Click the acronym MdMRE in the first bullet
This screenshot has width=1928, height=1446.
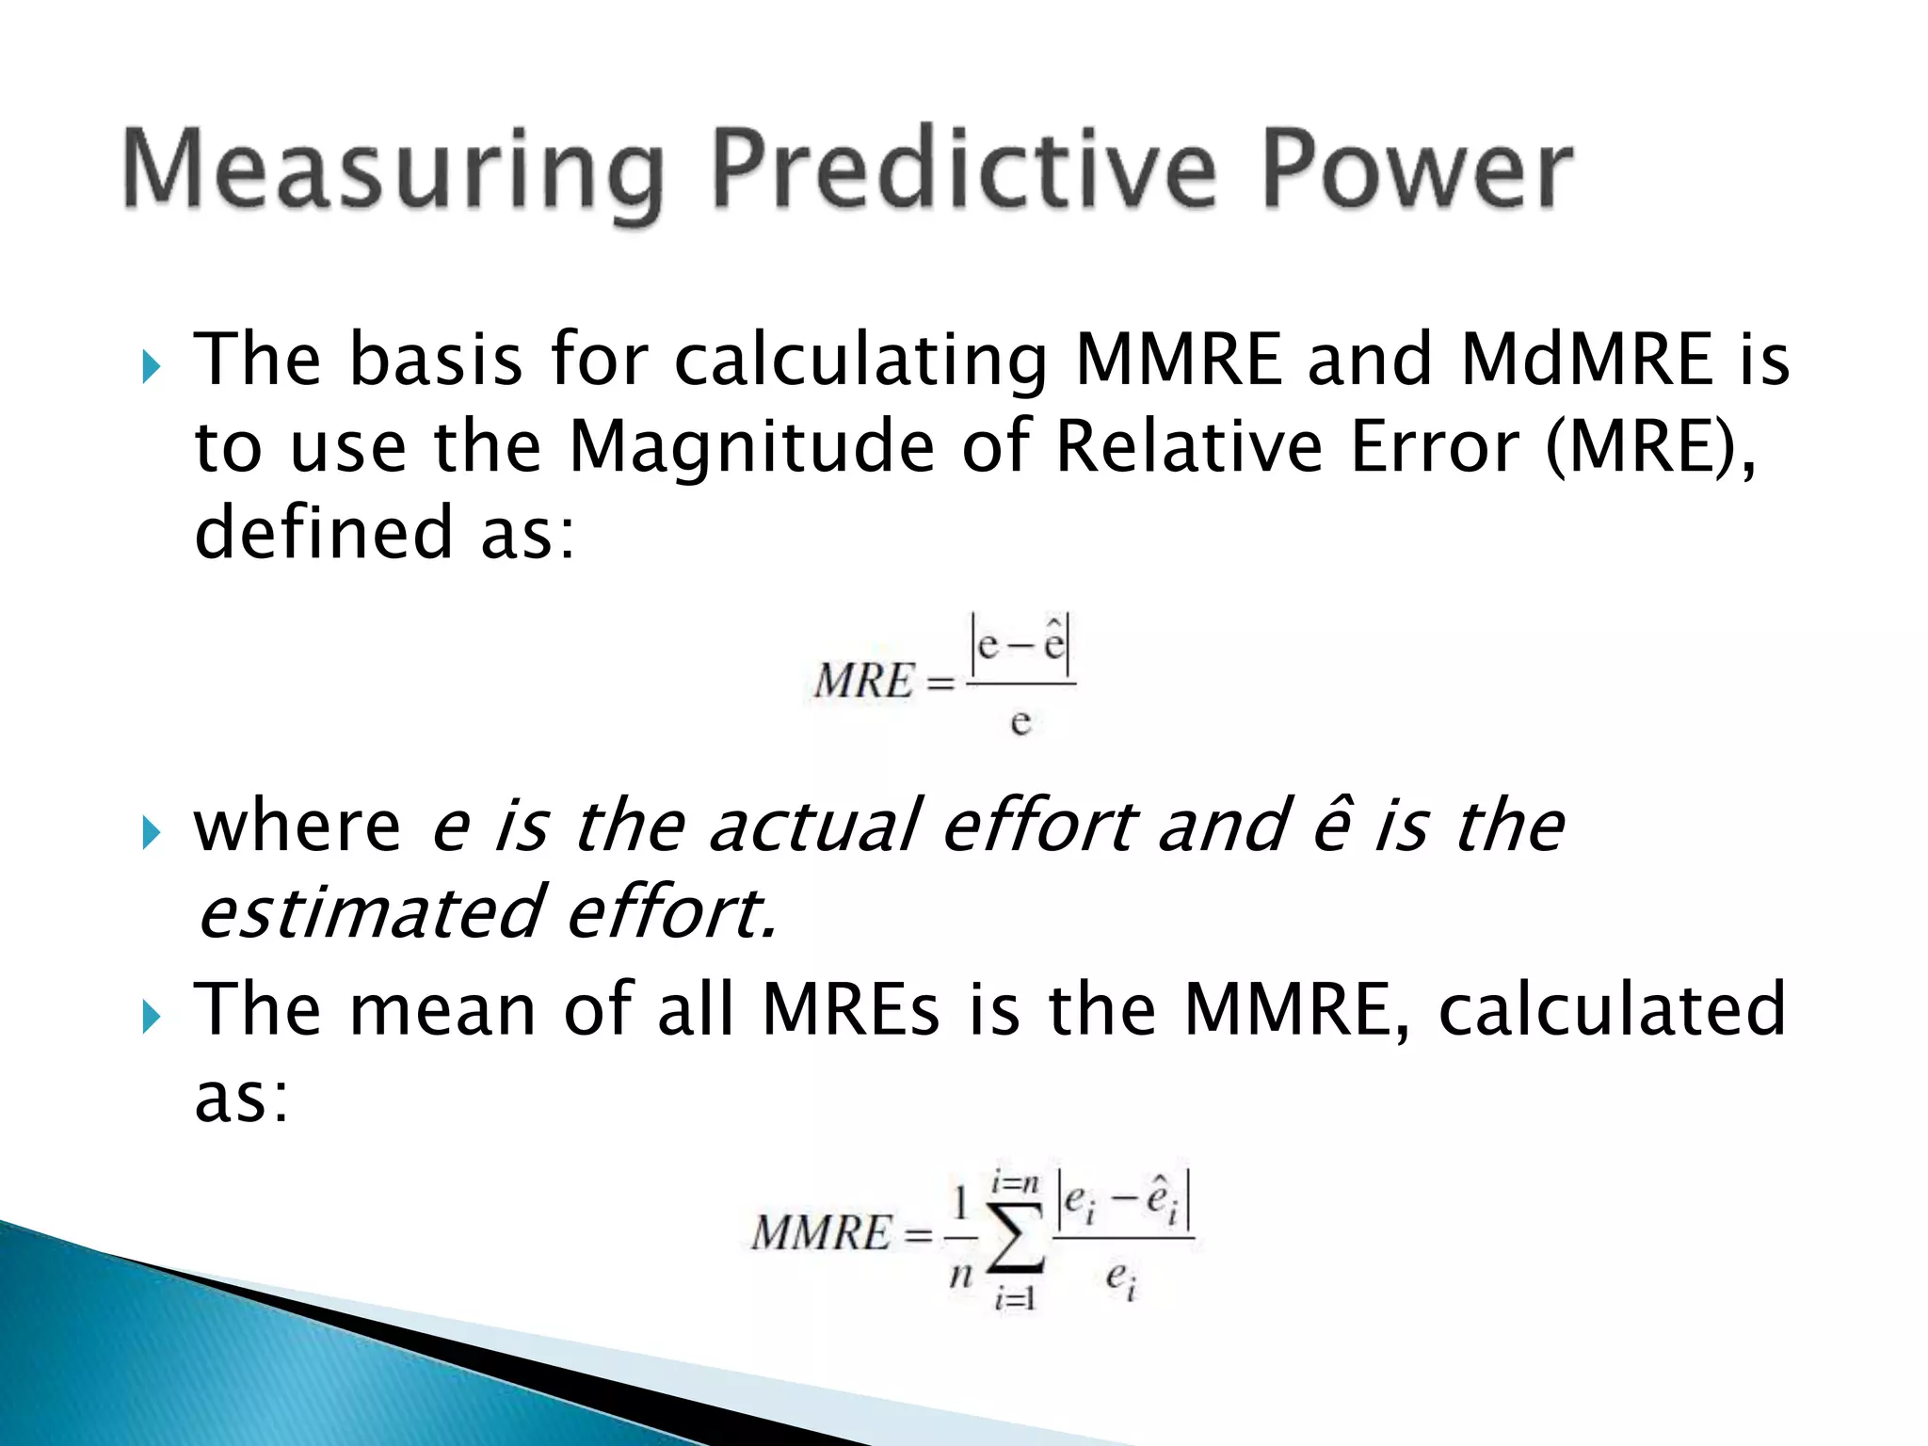tap(1586, 361)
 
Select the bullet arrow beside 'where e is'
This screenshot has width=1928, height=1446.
tap(151, 831)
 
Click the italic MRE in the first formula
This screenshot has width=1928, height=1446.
tap(864, 681)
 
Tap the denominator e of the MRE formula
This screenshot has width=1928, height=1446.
tap(1020, 723)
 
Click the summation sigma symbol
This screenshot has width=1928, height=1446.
tap(1017, 1237)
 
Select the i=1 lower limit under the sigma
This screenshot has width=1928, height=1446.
tap(1015, 1299)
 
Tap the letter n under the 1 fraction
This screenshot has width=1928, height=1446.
tap(960, 1276)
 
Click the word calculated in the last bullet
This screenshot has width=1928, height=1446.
tap(1612, 1009)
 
